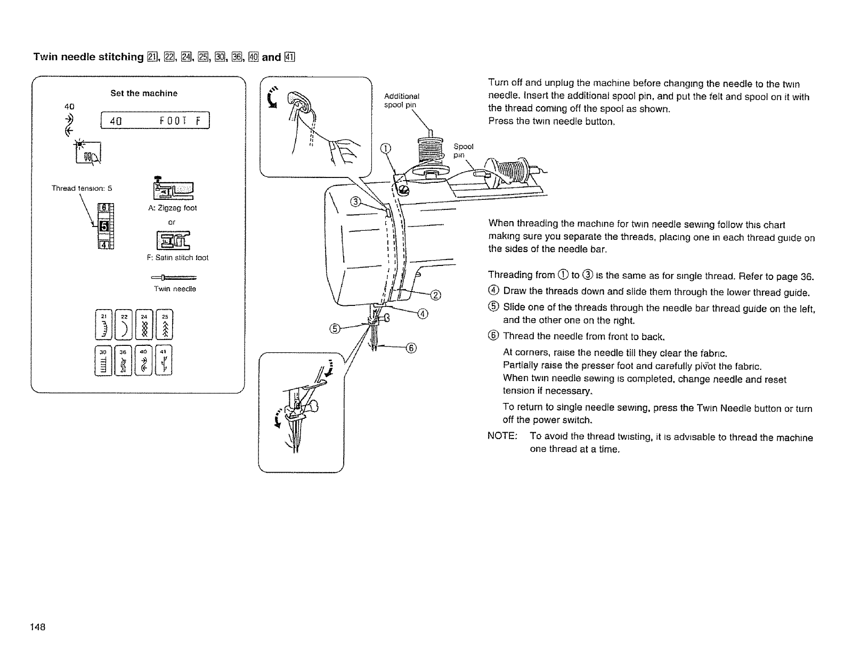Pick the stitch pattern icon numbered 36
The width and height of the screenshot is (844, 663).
coord(123,360)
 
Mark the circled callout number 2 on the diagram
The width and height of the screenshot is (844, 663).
coord(436,296)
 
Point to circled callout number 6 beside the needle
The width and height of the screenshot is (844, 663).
coord(411,349)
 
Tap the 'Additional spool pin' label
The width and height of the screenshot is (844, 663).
coord(402,101)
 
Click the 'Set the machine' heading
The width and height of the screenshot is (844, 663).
coord(144,93)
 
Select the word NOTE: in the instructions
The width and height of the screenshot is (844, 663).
coord(502,437)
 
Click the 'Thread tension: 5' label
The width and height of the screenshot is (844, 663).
coord(82,188)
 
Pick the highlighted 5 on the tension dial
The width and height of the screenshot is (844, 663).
coord(104,227)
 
